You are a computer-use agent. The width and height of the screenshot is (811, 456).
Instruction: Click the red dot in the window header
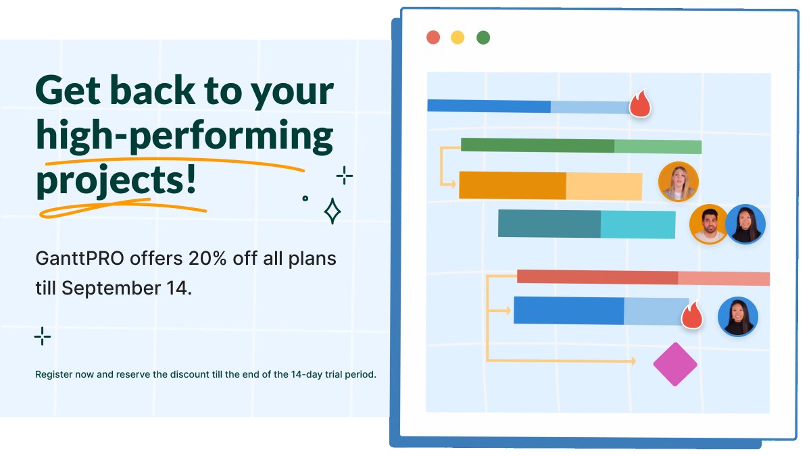click(433, 37)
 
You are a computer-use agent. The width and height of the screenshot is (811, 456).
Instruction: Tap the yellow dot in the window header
click(458, 37)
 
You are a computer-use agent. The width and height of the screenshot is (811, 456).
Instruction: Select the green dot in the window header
click(483, 37)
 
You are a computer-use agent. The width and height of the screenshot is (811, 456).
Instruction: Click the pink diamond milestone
click(674, 364)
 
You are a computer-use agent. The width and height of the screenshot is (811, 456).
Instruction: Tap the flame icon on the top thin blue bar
click(639, 105)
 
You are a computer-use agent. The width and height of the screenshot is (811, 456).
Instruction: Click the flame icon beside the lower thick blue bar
click(692, 315)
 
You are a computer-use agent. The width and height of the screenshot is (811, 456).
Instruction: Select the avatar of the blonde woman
click(678, 182)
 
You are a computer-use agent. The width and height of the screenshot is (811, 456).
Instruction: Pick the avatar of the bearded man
click(708, 224)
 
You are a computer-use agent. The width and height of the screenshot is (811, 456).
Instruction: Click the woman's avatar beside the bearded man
click(745, 224)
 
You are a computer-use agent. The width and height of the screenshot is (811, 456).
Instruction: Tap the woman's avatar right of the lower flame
click(737, 317)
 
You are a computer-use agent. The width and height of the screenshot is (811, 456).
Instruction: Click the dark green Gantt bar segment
click(537, 145)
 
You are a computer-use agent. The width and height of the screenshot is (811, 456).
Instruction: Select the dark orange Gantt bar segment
click(512, 185)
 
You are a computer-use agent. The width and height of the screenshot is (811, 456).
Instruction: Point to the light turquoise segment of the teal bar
click(637, 224)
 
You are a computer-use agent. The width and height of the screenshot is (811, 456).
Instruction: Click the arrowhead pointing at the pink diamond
click(633, 361)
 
